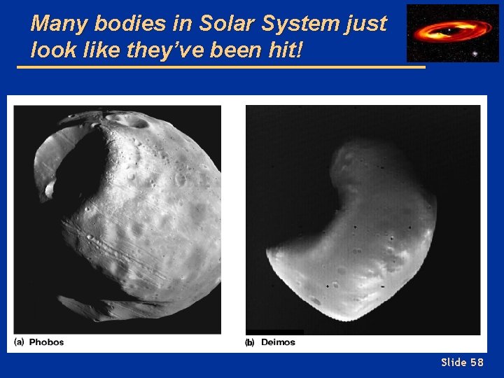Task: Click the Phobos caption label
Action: pos(47,342)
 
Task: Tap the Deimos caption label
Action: pos(278,342)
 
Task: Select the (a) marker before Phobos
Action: pos(20,342)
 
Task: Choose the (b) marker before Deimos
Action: pos(250,342)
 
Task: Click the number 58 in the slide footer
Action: pos(477,362)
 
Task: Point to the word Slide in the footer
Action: pos(454,362)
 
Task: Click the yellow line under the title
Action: pos(220,67)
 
